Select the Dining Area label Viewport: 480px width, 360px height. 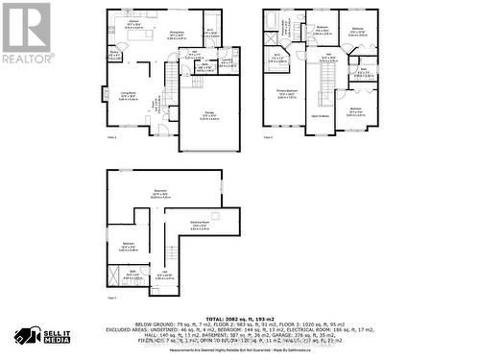pyautogui.click(x=177, y=34)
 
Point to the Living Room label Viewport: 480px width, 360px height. pyautogui.click(x=127, y=94)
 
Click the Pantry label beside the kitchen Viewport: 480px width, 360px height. pyautogui.click(x=113, y=55)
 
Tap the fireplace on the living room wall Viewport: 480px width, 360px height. pyautogui.click(x=105, y=95)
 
